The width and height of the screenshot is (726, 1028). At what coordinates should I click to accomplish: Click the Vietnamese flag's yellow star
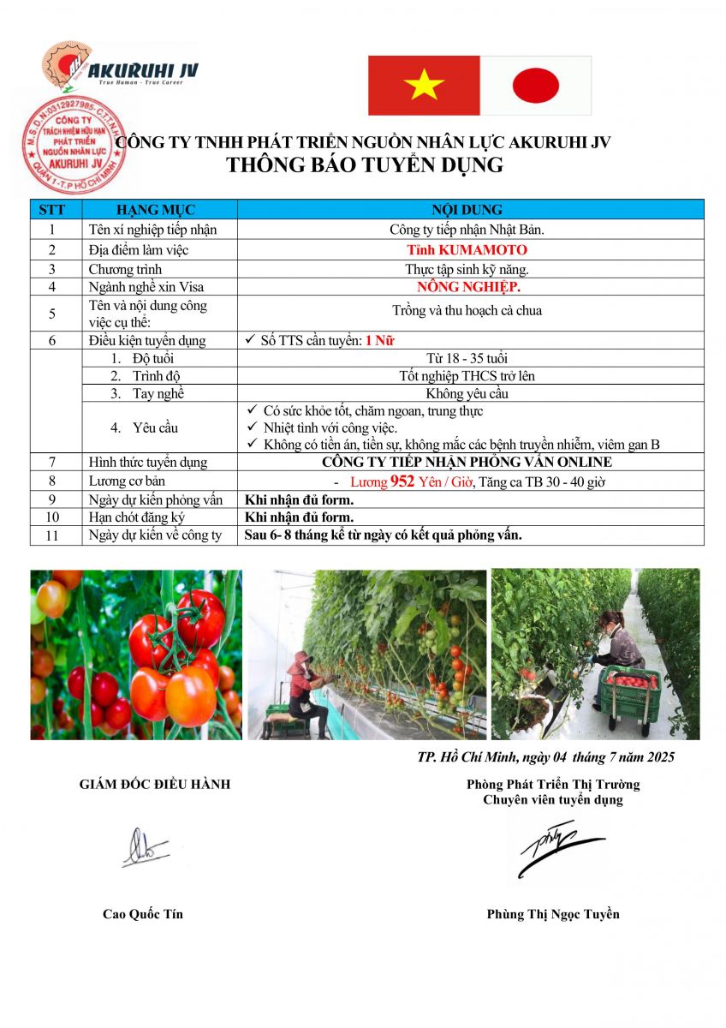tap(424, 85)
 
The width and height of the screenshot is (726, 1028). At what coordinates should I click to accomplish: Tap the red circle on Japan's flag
tap(535, 85)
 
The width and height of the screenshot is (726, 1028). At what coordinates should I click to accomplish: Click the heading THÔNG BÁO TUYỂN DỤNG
tap(365, 165)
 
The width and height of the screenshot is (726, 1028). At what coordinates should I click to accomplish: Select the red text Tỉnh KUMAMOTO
tap(467, 250)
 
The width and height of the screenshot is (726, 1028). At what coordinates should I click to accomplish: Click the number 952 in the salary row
tap(402, 481)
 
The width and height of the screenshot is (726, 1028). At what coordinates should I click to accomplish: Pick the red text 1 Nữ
tap(379, 340)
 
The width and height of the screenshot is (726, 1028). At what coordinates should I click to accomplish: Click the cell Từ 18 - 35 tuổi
tap(467, 358)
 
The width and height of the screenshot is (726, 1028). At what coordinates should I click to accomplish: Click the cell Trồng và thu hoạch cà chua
tap(467, 310)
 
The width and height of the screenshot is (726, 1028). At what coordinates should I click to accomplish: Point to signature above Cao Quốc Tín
tap(143, 848)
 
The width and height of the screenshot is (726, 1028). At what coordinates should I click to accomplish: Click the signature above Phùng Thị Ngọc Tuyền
tap(556, 848)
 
